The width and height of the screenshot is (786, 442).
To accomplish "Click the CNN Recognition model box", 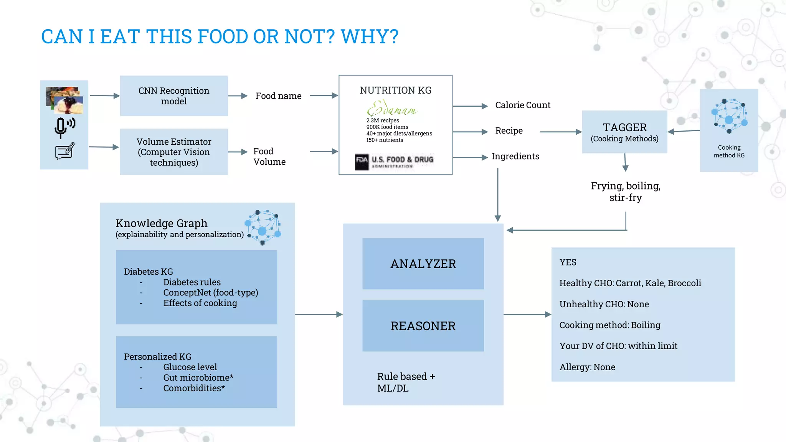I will tap(174, 96).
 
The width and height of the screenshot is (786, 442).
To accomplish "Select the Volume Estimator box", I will tap(174, 152).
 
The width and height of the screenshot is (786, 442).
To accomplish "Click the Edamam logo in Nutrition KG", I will tap(391, 109).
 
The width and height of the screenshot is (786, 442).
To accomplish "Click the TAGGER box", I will tap(624, 132).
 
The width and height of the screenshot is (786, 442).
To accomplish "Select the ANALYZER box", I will tap(423, 264).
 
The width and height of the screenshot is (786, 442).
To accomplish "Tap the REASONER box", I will tap(423, 326).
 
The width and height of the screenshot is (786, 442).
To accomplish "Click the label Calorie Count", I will tap(523, 105).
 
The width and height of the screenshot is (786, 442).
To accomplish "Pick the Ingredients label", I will tap(515, 157).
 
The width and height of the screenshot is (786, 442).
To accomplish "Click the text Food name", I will tap(279, 96).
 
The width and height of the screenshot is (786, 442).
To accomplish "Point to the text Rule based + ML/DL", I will tap(406, 382).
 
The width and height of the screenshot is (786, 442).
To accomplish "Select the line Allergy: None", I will tap(587, 367).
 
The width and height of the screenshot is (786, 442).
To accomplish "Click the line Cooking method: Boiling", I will tap(610, 325).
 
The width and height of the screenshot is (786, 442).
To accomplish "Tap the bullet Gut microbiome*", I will tap(198, 378).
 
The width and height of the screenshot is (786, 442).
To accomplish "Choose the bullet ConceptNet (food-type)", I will tap(211, 293).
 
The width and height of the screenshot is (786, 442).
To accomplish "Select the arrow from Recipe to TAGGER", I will tap(560, 132).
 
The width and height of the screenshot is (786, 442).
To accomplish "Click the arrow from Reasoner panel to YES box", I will tap(527, 315).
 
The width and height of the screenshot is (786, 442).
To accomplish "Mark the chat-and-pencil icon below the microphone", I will tap(64, 151).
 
